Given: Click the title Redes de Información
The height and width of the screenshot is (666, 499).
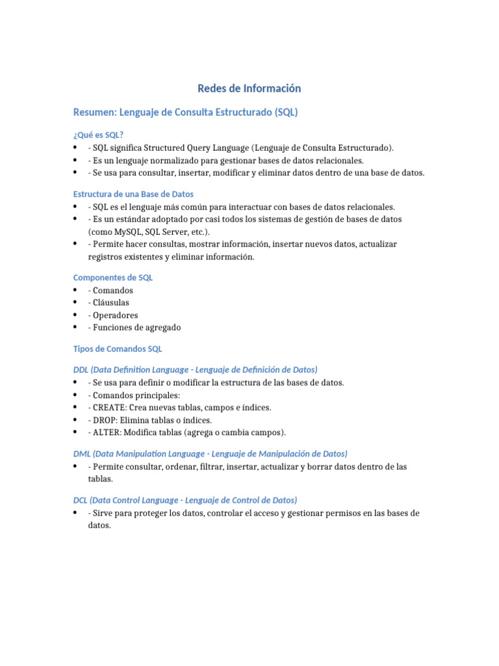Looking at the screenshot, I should tap(249, 88).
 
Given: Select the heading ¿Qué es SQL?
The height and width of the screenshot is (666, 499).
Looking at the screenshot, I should tap(98, 135).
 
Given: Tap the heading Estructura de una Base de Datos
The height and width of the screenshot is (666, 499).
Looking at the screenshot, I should tap(133, 194).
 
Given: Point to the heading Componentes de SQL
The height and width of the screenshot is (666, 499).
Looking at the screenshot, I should tap(113, 277).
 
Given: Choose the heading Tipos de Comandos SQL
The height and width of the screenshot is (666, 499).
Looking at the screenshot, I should tap(118, 349).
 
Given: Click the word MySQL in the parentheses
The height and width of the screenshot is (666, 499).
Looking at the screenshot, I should tap(127, 232).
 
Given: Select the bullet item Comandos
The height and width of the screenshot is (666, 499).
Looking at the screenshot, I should tap(113, 290).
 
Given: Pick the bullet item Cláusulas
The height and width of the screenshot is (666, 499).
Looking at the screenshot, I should tap(111, 302).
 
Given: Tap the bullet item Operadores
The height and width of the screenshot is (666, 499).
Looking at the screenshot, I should tap(116, 315).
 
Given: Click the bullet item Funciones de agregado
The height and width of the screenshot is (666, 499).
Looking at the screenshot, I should tap(137, 328).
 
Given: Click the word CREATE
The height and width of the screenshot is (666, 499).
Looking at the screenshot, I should tap(110, 408).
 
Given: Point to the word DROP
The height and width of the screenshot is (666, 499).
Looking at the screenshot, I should tap(105, 420).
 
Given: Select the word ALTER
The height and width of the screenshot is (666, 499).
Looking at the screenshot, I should tap(107, 433).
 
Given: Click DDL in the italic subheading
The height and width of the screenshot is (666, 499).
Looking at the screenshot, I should tap(81, 369).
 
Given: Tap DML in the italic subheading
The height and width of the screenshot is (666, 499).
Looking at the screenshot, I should tap(82, 453).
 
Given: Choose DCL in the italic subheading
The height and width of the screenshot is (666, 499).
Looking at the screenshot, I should tap(81, 500).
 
